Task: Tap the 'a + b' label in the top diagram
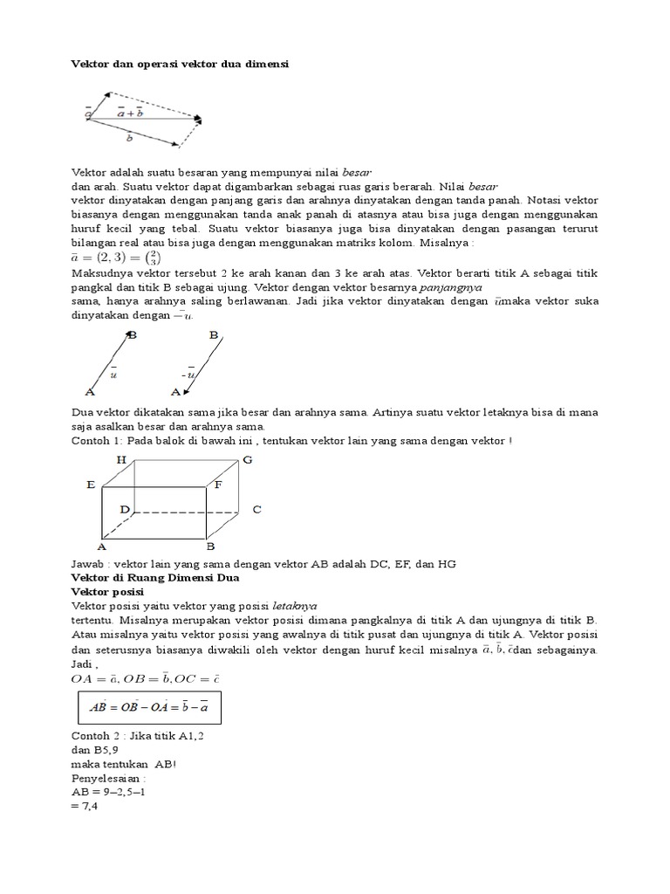click(x=130, y=112)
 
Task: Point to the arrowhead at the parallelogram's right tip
click(x=200, y=118)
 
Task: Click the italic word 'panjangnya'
click(x=451, y=286)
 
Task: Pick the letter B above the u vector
click(x=132, y=334)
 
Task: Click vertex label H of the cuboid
click(x=120, y=459)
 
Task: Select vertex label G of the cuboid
click(x=248, y=459)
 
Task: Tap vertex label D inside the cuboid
click(x=125, y=508)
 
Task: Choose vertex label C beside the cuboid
click(x=256, y=509)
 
